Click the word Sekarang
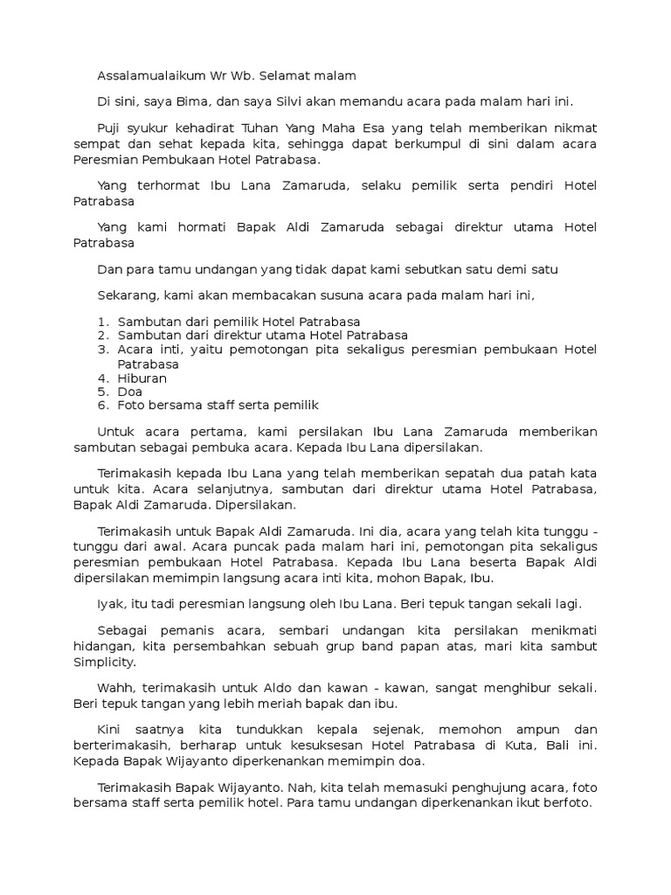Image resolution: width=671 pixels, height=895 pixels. click(x=127, y=295)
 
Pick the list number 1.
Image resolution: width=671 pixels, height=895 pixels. click(x=102, y=322)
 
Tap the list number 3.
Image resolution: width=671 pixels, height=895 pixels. click(x=102, y=350)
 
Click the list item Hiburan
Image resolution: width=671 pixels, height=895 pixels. click(x=142, y=378)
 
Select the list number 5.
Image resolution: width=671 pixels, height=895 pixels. click(x=102, y=392)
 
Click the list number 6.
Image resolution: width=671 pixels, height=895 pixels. click(x=102, y=406)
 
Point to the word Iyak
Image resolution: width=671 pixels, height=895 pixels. click(x=111, y=604)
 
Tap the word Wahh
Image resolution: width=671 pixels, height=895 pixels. click(x=115, y=688)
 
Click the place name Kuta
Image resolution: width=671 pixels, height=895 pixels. click(x=505, y=746)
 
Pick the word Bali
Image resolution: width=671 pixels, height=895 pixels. click(x=546, y=746)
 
